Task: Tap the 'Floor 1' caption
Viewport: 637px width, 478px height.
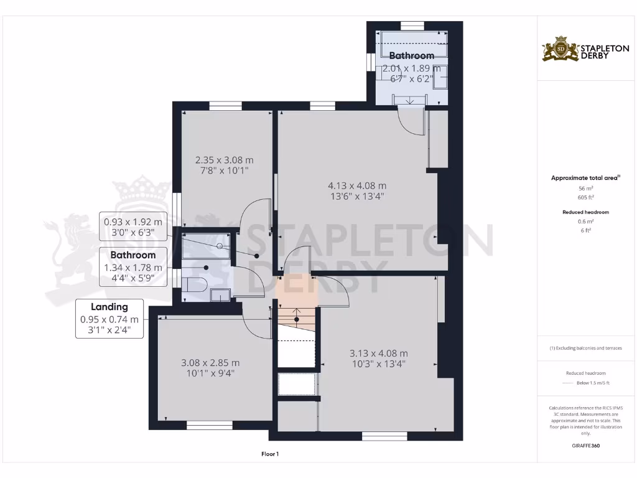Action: click(x=270, y=454)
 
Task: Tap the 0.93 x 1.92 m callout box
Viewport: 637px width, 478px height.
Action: click(x=133, y=227)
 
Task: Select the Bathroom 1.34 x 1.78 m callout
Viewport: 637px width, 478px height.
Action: click(x=133, y=266)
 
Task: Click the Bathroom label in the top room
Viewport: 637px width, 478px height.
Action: click(x=411, y=56)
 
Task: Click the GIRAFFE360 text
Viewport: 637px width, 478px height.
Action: click(x=585, y=446)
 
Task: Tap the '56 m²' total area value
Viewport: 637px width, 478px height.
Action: click(x=585, y=188)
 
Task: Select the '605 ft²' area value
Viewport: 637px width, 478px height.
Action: click(x=585, y=197)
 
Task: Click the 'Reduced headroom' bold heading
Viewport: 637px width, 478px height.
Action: click(x=585, y=212)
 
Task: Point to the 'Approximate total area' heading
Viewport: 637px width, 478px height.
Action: click(x=585, y=178)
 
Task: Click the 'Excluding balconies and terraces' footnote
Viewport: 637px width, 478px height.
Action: click(x=585, y=348)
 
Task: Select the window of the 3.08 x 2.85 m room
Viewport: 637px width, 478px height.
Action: click(x=210, y=426)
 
